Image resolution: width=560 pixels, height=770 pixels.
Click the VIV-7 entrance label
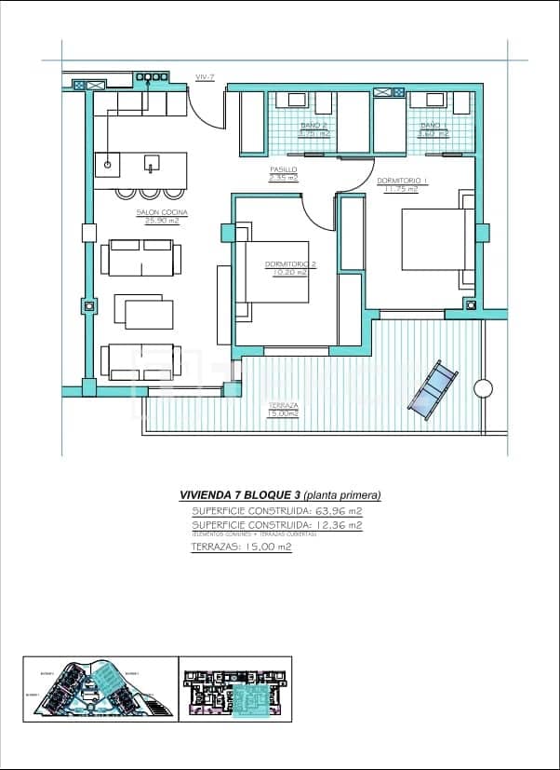tap(205, 77)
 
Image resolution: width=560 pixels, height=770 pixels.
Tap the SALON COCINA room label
tap(162, 216)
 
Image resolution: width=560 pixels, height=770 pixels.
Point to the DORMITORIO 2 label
tap(290, 268)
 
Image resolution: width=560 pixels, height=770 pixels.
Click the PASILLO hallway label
tap(284, 173)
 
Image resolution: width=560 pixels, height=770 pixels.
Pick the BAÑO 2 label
tap(313, 128)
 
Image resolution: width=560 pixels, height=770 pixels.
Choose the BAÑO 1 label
tap(433, 128)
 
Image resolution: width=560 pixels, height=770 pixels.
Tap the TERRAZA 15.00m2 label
tap(284, 409)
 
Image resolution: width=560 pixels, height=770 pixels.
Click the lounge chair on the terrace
tap(433, 390)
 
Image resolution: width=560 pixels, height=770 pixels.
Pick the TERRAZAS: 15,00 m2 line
tap(241, 547)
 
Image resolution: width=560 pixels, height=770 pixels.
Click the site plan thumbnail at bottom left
tap(99, 690)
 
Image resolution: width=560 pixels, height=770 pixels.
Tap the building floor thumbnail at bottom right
tap(236, 690)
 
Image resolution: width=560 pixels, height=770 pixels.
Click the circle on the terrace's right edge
tap(483, 387)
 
